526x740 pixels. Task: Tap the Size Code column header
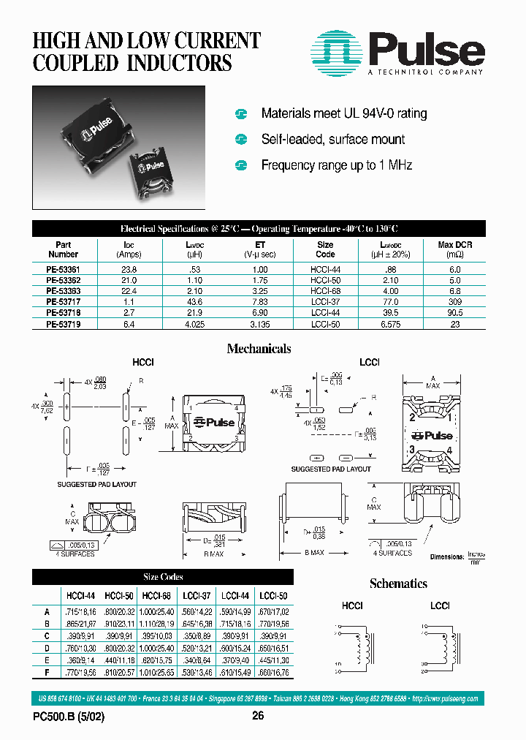(325, 250)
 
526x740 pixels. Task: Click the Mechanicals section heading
(259, 349)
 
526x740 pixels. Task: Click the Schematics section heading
(398, 584)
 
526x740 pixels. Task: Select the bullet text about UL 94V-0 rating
(343, 113)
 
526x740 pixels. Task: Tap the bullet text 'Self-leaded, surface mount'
(332, 140)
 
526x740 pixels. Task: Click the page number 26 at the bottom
(258, 717)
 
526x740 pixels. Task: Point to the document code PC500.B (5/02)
(69, 717)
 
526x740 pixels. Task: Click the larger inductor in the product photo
(91, 130)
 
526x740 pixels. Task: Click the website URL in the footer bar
(445, 699)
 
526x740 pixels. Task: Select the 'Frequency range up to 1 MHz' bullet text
(336, 165)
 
